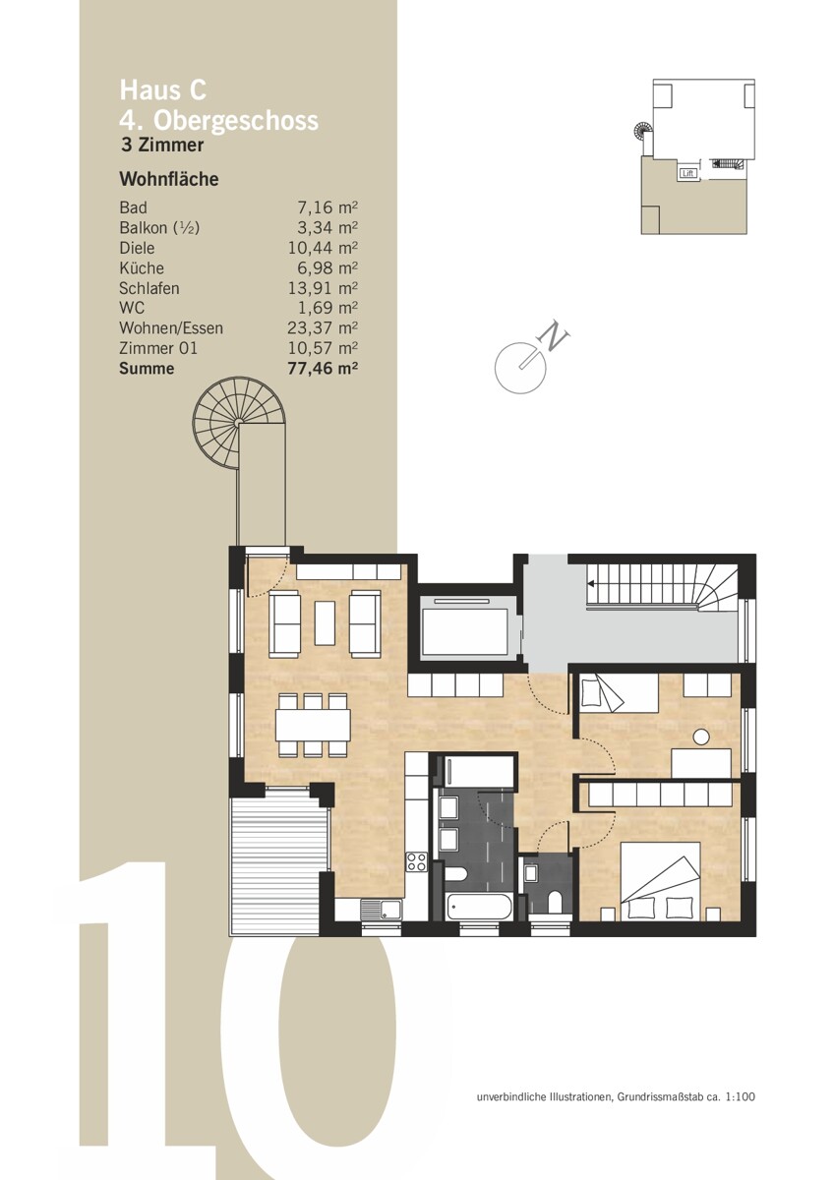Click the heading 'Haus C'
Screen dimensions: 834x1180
[x=163, y=89]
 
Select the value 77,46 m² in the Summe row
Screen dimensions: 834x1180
[x=323, y=368]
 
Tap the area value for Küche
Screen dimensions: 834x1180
[x=328, y=267]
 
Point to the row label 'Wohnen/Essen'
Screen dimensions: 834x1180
[x=171, y=327]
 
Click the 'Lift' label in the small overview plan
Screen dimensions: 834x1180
[x=688, y=173]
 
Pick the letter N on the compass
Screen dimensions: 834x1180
[x=556, y=335]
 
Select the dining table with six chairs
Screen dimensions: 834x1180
[x=313, y=725]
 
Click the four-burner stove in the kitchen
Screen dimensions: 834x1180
[x=416, y=861]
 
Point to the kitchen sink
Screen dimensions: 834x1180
[x=382, y=909]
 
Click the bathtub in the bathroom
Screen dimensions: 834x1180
[x=478, y=906]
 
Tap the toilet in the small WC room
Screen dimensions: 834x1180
[x=555, y=902]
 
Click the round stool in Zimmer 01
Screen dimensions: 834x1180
[x=701, y=737]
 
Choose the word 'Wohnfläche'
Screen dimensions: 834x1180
[x=168, y=179]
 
